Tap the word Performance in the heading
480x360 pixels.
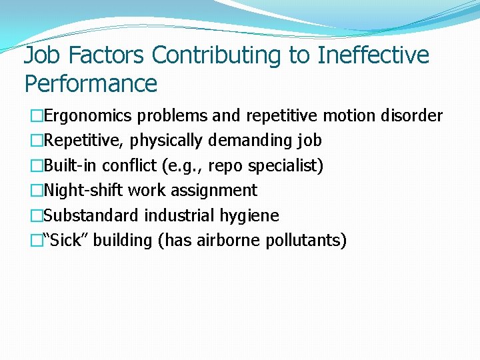[91, 84]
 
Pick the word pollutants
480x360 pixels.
[305, 241]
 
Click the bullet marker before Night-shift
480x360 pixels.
[37, 191]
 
